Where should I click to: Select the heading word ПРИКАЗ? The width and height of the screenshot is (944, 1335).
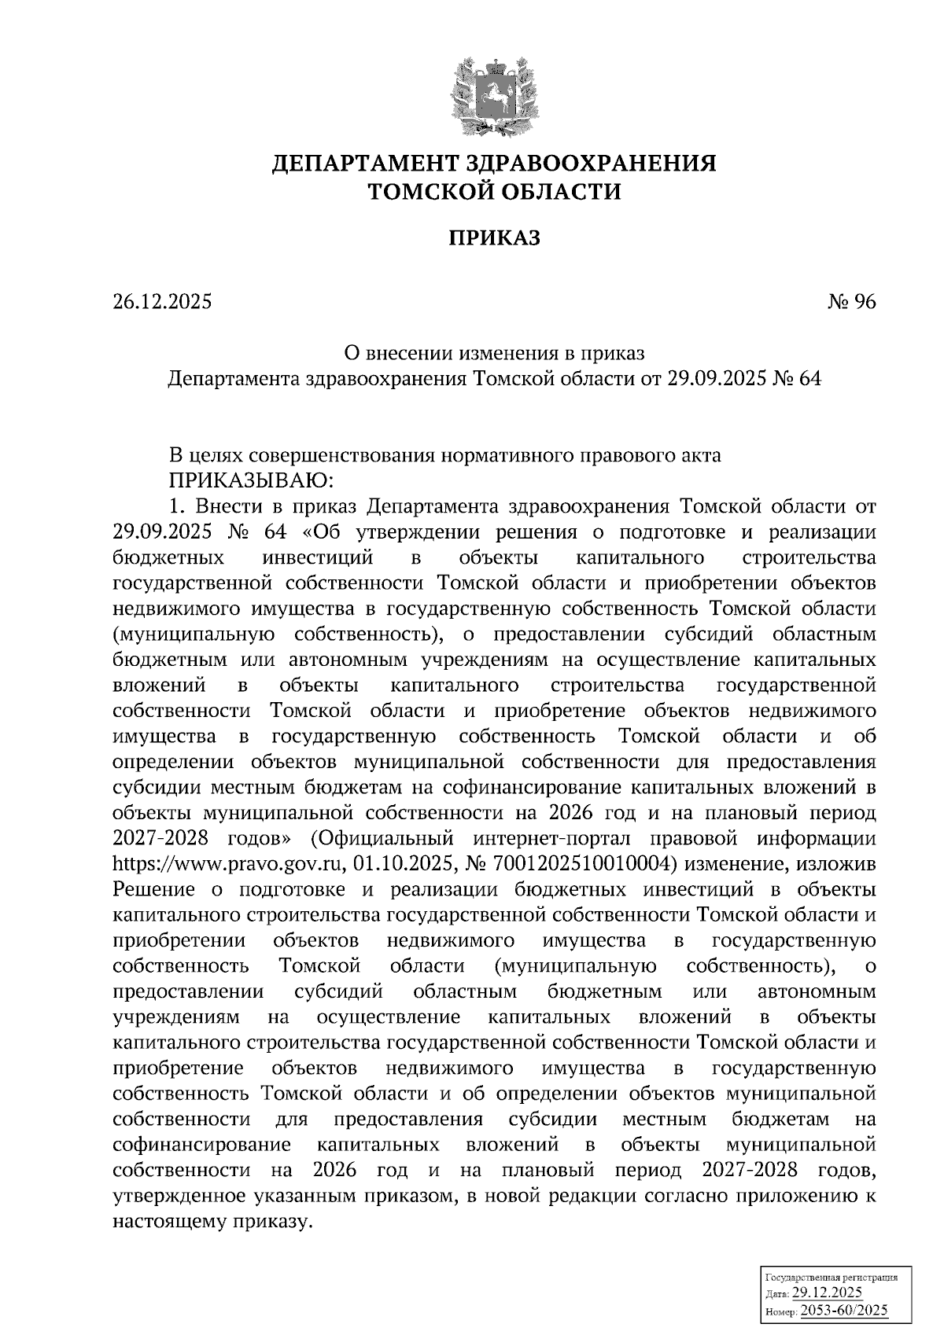pos(495,238)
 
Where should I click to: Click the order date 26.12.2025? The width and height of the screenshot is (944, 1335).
pos(163,302)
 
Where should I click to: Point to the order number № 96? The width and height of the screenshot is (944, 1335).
pos(851,302)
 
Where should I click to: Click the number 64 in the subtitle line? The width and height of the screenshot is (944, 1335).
pos(809,379)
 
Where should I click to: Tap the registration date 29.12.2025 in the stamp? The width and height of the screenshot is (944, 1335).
pos(827,1294)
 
